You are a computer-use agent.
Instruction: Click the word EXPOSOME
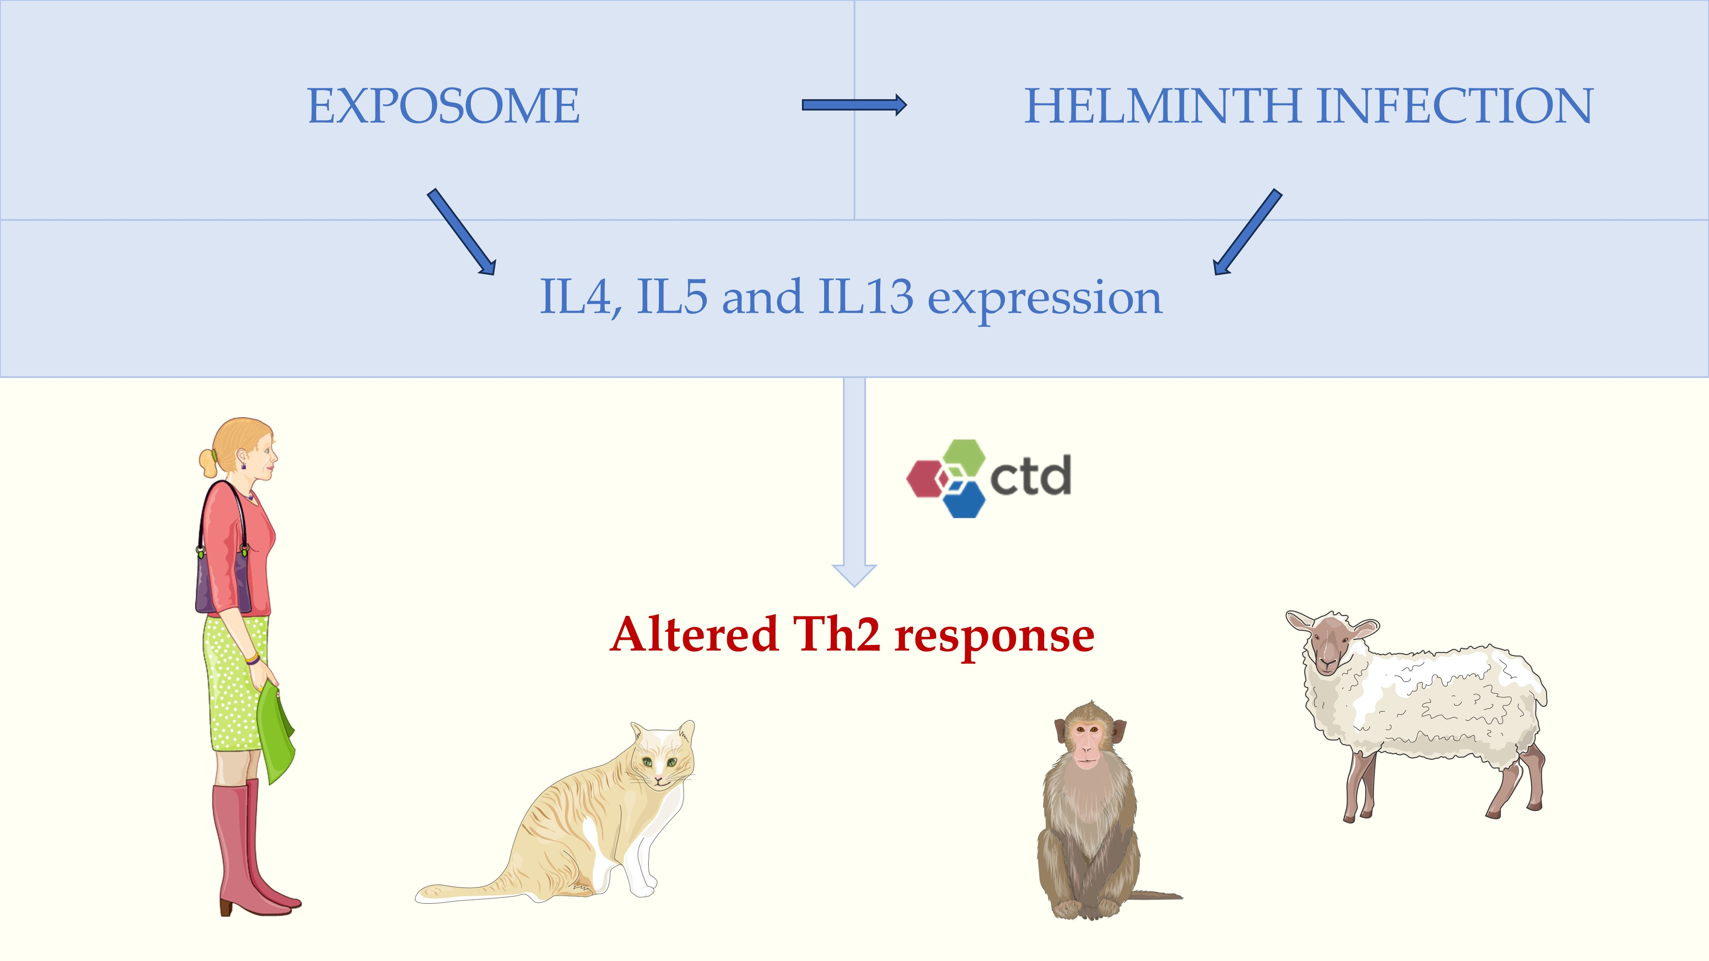pos(443,106)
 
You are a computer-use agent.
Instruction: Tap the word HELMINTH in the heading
pos(1162,106)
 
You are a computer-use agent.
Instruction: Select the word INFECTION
pos(1454,106)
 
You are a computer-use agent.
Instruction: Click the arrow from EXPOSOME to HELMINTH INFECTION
pos(854,105)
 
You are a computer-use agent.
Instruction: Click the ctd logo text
pos(1030,476)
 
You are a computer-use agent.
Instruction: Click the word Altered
pos(693,635)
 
